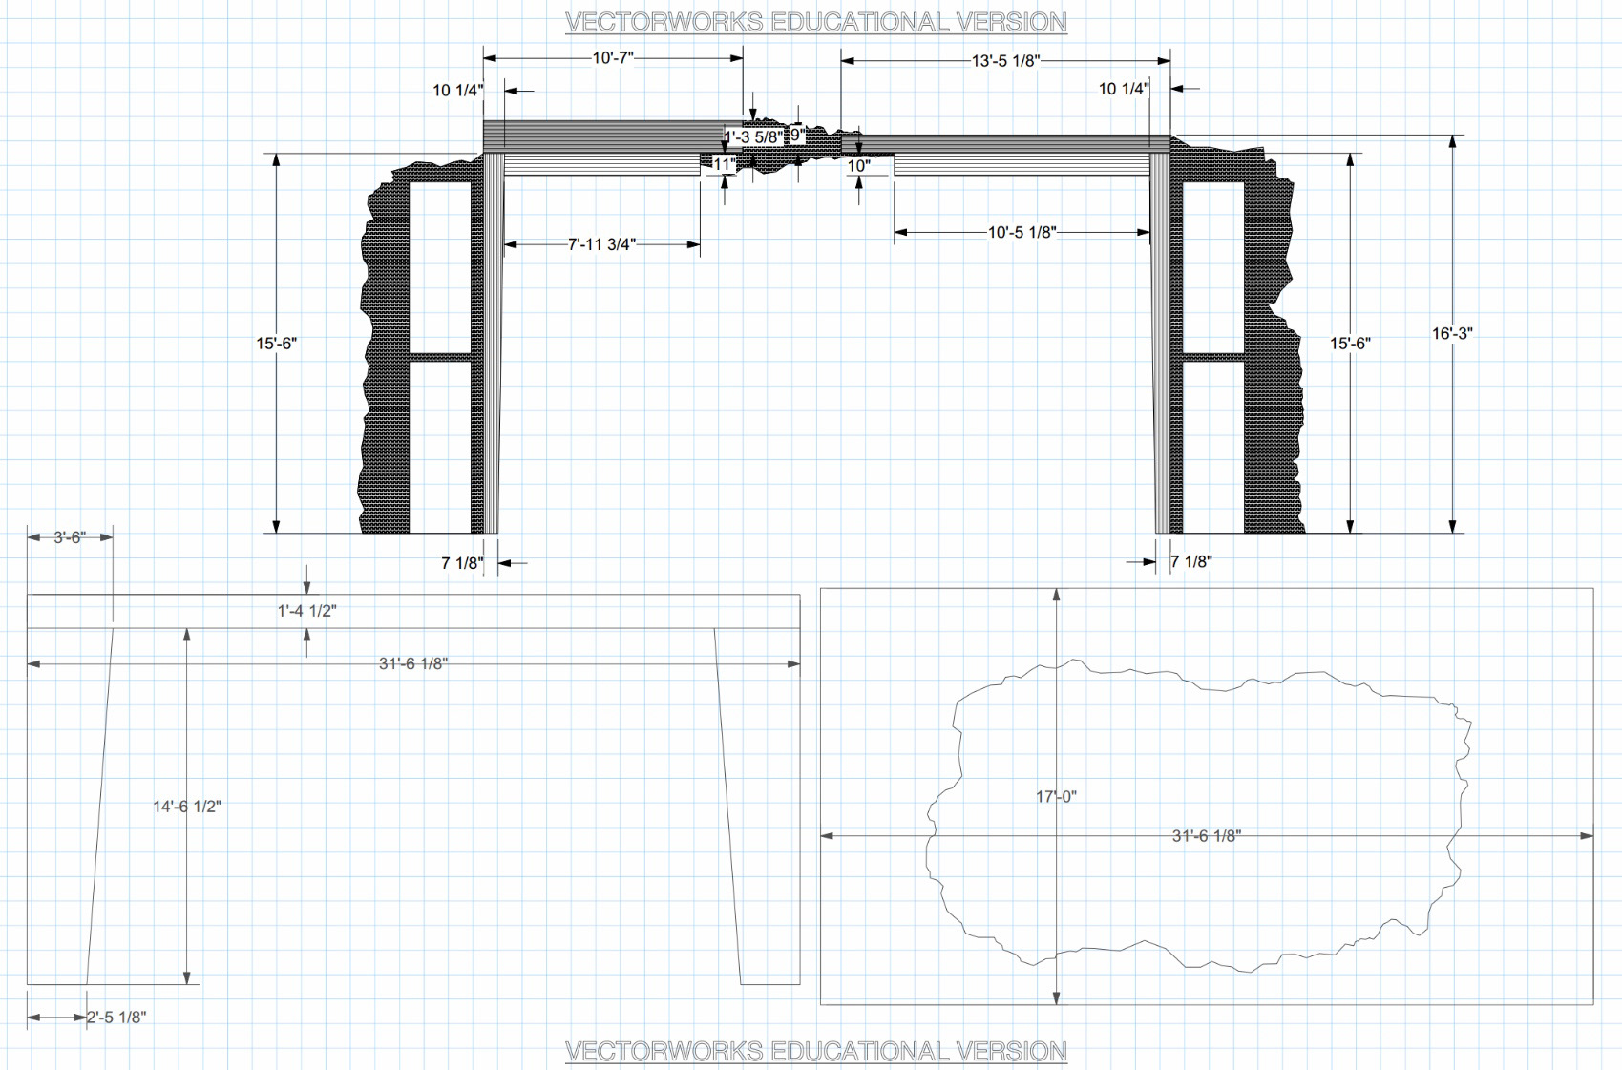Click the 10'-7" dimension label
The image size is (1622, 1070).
point(613,58)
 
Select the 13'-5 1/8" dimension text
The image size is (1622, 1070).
point(1006,61)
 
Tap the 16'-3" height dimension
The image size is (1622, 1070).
point(1453,334)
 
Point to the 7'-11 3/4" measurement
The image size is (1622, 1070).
point(601,244)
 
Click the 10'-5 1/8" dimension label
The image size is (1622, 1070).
point(1022,232)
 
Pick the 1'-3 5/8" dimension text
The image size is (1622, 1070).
point(754,136)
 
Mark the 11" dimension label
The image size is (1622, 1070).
point(724,165)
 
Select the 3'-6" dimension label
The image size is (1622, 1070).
point(71,537)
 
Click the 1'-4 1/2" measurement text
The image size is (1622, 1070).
point(307,611)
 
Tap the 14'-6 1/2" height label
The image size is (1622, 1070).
point(187,807)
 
